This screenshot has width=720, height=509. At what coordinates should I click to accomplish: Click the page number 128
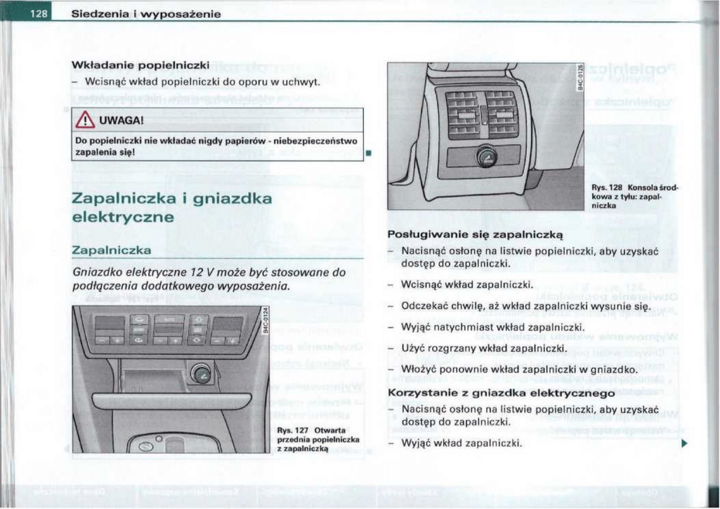tap(38, 13)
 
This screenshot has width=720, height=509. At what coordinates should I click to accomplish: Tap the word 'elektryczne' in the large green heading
tap(123, 218)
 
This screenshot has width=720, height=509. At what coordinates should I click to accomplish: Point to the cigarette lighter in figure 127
tap(201, 373)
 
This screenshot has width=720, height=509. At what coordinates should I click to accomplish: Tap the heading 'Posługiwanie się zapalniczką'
tap(475, 234)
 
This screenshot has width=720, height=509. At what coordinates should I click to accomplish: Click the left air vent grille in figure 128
tap(462, 116)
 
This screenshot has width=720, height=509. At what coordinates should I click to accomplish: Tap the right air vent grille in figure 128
tap(502, 116)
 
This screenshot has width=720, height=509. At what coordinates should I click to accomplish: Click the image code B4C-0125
tap(580, 79)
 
